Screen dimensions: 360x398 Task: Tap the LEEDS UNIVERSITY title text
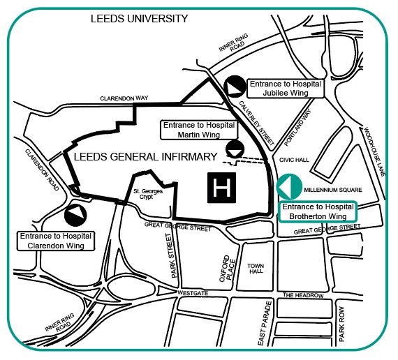[x=139, y=19]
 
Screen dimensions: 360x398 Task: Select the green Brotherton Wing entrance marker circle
[x=289, y=188]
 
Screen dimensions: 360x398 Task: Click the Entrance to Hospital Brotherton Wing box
[x=318, y=211]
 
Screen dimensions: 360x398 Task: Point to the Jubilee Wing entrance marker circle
[x=235, y=86]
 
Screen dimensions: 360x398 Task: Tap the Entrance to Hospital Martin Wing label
[x=198, y=129]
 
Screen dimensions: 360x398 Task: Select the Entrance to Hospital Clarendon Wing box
[x=57, y=241]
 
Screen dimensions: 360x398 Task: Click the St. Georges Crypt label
[x=147, y=194]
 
